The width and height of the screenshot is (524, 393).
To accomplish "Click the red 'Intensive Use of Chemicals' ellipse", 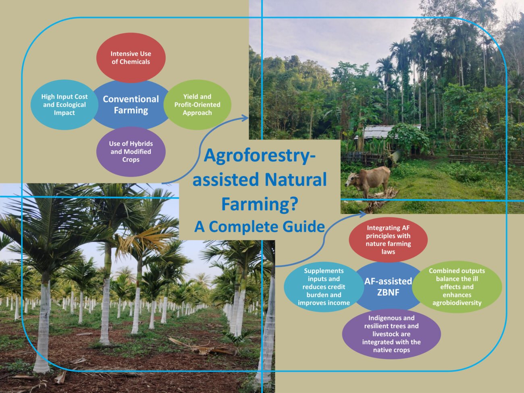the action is pos(131,58).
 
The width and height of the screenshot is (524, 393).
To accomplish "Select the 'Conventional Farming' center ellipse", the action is pos(131,105).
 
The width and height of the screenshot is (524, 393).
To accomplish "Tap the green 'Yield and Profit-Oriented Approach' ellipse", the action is pos(197,105).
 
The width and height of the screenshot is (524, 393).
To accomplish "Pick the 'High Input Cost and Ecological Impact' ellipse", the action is pos(64,105).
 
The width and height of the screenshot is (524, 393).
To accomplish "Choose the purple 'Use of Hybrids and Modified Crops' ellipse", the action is pos(131,152).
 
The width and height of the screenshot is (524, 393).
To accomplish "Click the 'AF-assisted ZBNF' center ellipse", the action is pos(388,286).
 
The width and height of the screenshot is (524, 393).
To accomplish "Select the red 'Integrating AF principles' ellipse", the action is pos(388,239).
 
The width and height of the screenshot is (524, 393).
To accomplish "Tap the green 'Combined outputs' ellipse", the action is pos(457,287).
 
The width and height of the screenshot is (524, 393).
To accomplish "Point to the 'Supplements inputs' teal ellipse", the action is pos(324,287).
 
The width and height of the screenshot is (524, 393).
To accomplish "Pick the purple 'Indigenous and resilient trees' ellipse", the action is pos(391,334).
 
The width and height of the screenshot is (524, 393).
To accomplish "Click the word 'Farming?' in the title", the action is pos(260,204).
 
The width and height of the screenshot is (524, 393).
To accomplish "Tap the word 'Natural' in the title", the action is pos(295,179).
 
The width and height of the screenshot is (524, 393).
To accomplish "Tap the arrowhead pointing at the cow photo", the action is pos(362,214).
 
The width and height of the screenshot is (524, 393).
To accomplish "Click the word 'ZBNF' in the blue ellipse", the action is pos(388,292).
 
